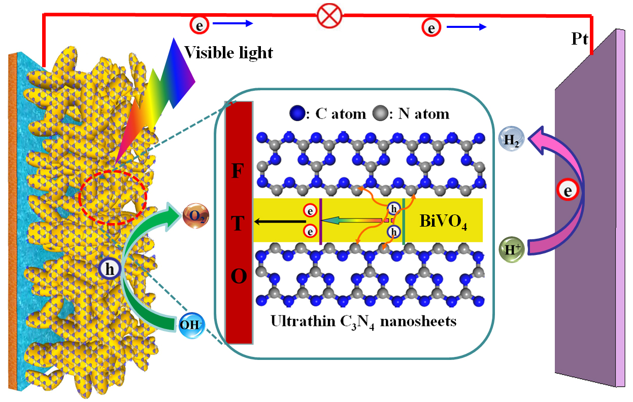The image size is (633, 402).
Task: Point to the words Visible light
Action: (228, 52)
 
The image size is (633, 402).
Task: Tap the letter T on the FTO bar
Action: (239, 225)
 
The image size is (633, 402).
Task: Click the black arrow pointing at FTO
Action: (279, 221)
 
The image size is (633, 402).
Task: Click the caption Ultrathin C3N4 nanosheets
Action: (363, 321)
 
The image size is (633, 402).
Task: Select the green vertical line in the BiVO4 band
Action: (403, 222)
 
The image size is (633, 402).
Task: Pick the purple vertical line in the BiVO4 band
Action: (321, 222)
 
